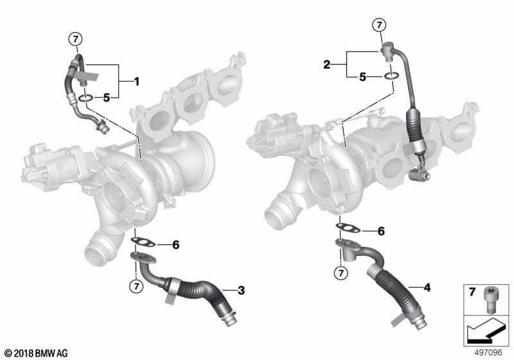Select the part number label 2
[x=326, y=64]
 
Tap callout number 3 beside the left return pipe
[x=241, y=291]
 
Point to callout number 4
[x=426, y=287]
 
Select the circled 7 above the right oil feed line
[x=380, y=25]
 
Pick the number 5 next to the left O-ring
[x=107, y=98]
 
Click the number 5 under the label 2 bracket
[x=362, y=77]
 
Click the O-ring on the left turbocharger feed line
[x=85, y=98]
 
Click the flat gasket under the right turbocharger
[x=349, y=228]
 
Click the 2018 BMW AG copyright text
[x=35, y=353]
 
